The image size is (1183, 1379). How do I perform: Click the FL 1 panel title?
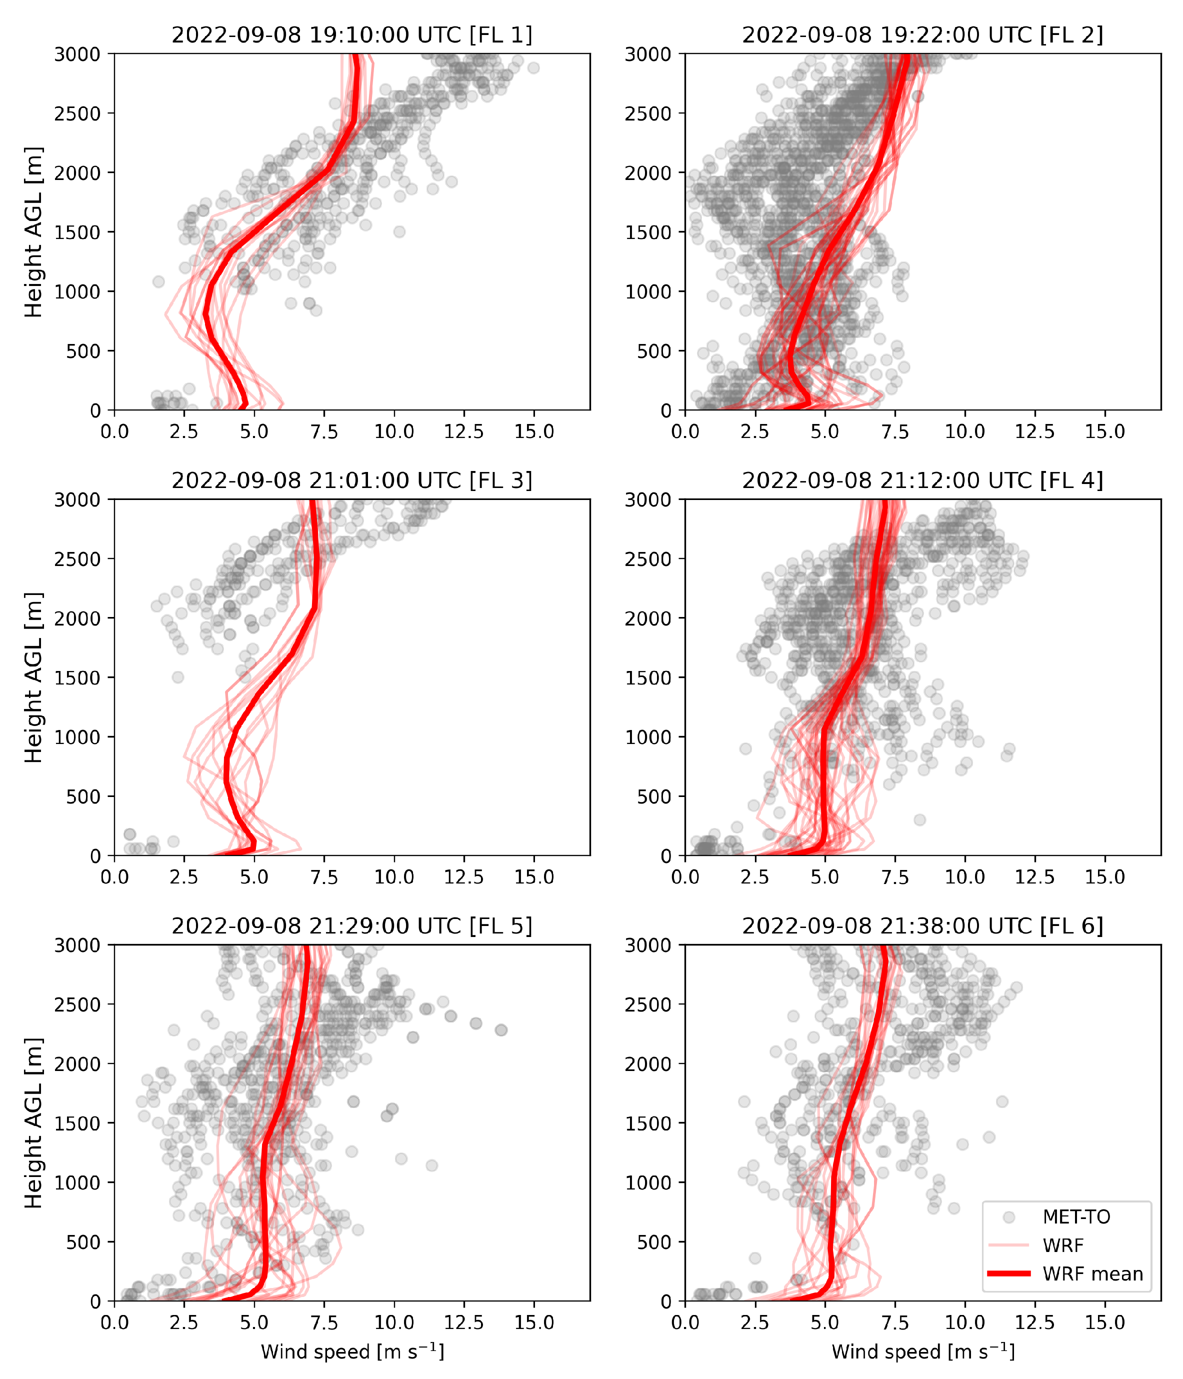click(x=352, y=34)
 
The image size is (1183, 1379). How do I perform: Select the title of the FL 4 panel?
click(x=923, y=480)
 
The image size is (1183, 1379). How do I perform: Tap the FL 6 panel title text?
click(x=923, y=926)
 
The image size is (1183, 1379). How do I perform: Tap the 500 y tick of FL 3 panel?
click(x=84, y=796)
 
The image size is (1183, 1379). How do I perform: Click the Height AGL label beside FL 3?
click(x=33, y=677)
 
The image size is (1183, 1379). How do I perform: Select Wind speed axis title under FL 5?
click(x=352, y=1351)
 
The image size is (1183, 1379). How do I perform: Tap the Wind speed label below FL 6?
click(x=923, y=1351)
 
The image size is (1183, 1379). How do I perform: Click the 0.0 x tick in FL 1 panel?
click(x=114, y=431)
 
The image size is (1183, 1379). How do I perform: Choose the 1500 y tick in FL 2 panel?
click(x=648, y=232)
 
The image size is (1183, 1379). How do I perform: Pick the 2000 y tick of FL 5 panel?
click(x=78, y=1063)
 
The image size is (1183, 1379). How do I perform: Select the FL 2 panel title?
click(x=923, y=34)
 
